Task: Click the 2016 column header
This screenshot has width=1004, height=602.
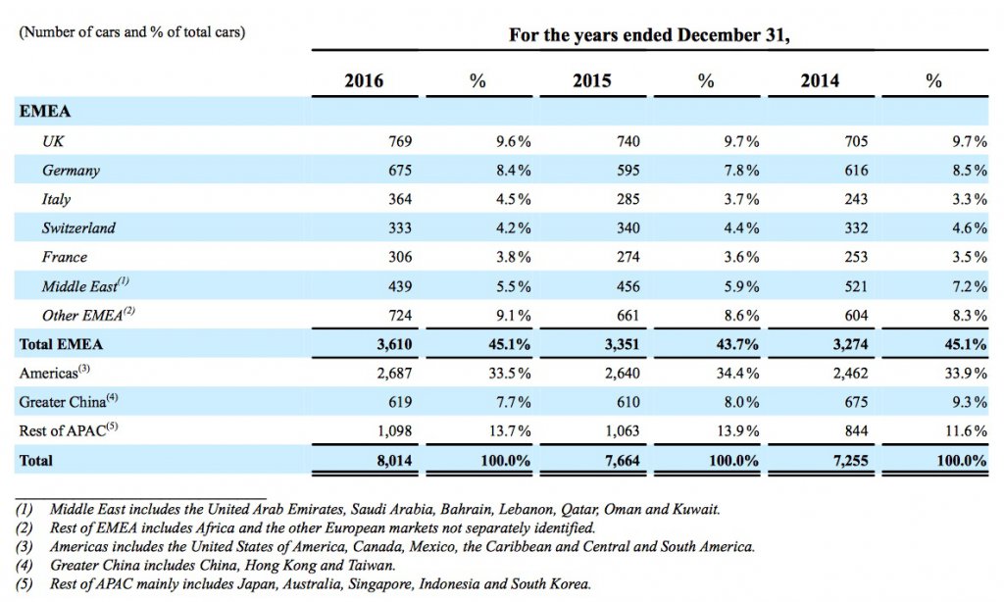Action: point(364,80)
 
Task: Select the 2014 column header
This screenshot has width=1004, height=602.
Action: point(820,80)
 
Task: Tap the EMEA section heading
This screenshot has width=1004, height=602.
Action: point(45,112)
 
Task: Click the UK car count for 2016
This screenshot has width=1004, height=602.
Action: point(400,141)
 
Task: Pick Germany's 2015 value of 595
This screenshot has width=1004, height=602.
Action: point(628,171)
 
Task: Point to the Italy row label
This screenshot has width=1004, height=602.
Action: point(56,199)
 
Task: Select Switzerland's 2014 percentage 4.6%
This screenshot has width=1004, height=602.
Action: point(970,228)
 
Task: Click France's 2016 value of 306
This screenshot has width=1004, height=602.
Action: point(400,257)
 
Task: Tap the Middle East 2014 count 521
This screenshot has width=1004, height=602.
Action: point(856,286)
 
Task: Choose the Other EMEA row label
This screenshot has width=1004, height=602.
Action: point(88,315)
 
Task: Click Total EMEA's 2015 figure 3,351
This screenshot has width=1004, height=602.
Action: point(622,344)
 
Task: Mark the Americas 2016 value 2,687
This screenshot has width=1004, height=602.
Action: point(394,374)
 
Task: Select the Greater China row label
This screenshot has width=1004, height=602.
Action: point(69,402)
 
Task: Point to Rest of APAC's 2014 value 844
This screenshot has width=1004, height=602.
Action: point(856,431)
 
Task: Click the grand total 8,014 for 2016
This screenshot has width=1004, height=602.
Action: point(394,461)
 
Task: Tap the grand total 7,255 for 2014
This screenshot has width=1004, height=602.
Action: point(850,461)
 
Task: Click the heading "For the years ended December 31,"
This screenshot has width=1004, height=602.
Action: point(649,34)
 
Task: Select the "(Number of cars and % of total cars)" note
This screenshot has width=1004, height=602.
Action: point(132,32)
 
